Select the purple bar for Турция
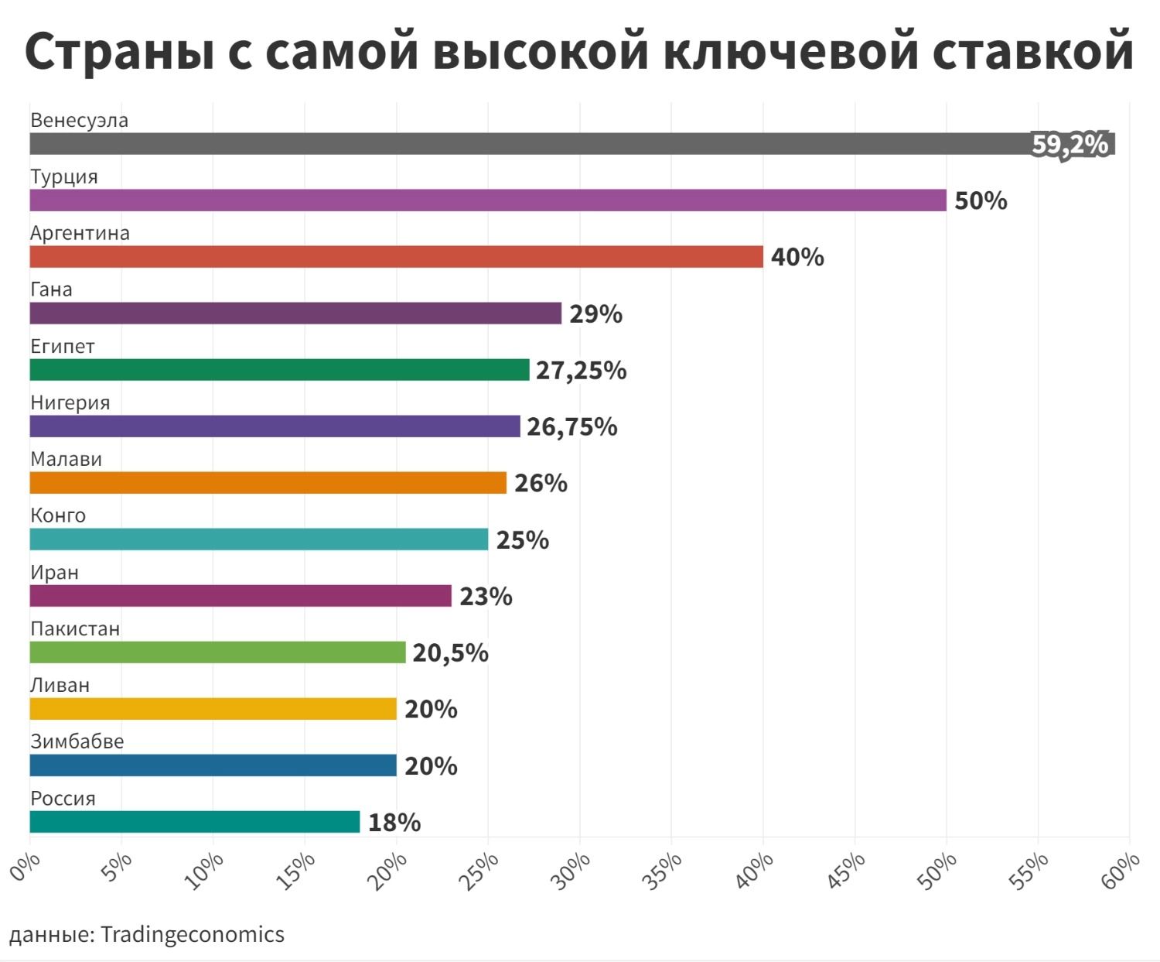tap(487, 200)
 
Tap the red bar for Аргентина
tap(396, 257)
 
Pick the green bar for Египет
tap(279, 370)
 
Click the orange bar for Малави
tap(268, 483)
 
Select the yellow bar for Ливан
tap(213, 709)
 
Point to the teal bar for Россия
tap(195, 822)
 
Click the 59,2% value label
tap(1070, 145)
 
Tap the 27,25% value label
tap(582, 371)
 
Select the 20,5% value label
tap(450, 653)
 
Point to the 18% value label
tap(394, 823)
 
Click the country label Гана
tap(51, 289)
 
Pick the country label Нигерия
tap(70, 402)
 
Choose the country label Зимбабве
tap(77, 741)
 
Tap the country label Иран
tap(54, 572)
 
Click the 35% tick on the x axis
tap(664, 871)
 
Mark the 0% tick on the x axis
tap(25, 867)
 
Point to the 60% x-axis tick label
tap(1121, 871)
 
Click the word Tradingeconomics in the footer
tap(193, 934)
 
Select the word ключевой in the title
tap(790, 51)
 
